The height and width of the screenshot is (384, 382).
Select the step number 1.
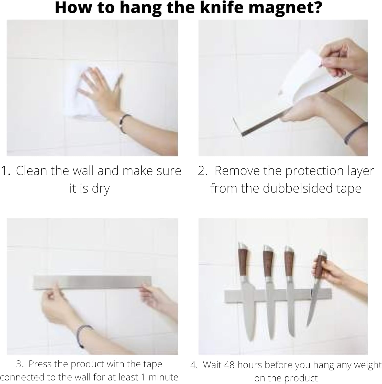[6, 171]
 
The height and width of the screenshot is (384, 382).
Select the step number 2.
[202, 171]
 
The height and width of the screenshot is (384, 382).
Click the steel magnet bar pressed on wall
[93, 282]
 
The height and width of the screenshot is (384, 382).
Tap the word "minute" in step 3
[163, 377]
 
